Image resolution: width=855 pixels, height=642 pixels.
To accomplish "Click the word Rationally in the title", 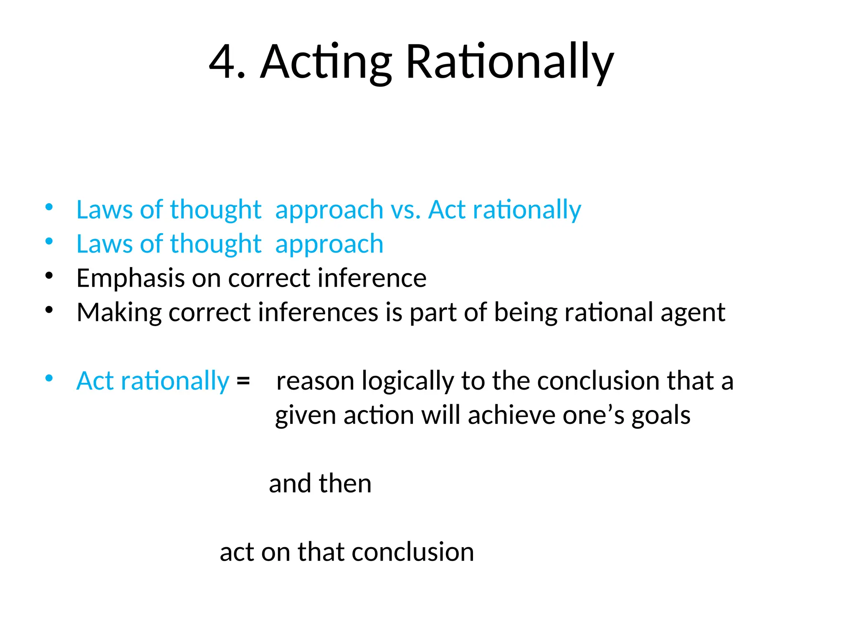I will [509, 63].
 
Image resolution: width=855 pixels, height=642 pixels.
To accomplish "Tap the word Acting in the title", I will [326, 63].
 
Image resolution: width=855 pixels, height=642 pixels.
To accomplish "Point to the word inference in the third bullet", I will [372, 278].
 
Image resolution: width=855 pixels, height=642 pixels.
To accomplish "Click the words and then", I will [320, 484].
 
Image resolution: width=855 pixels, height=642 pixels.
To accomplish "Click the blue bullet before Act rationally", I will [49, 379].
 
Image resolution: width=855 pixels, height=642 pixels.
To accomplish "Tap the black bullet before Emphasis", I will [49, 276].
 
